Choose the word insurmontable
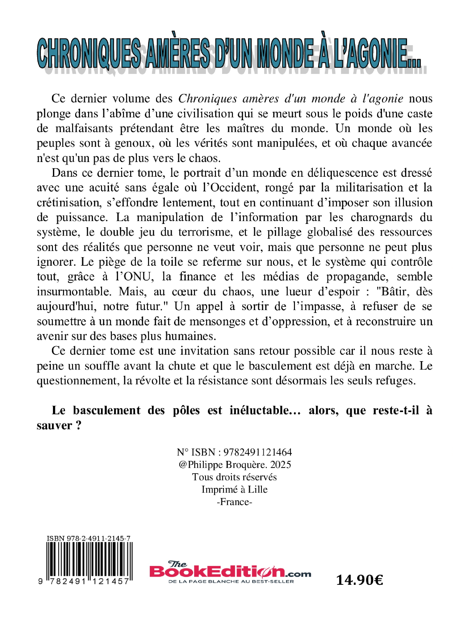(75, 291)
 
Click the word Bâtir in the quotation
(394, 291)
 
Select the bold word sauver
(55, 426)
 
